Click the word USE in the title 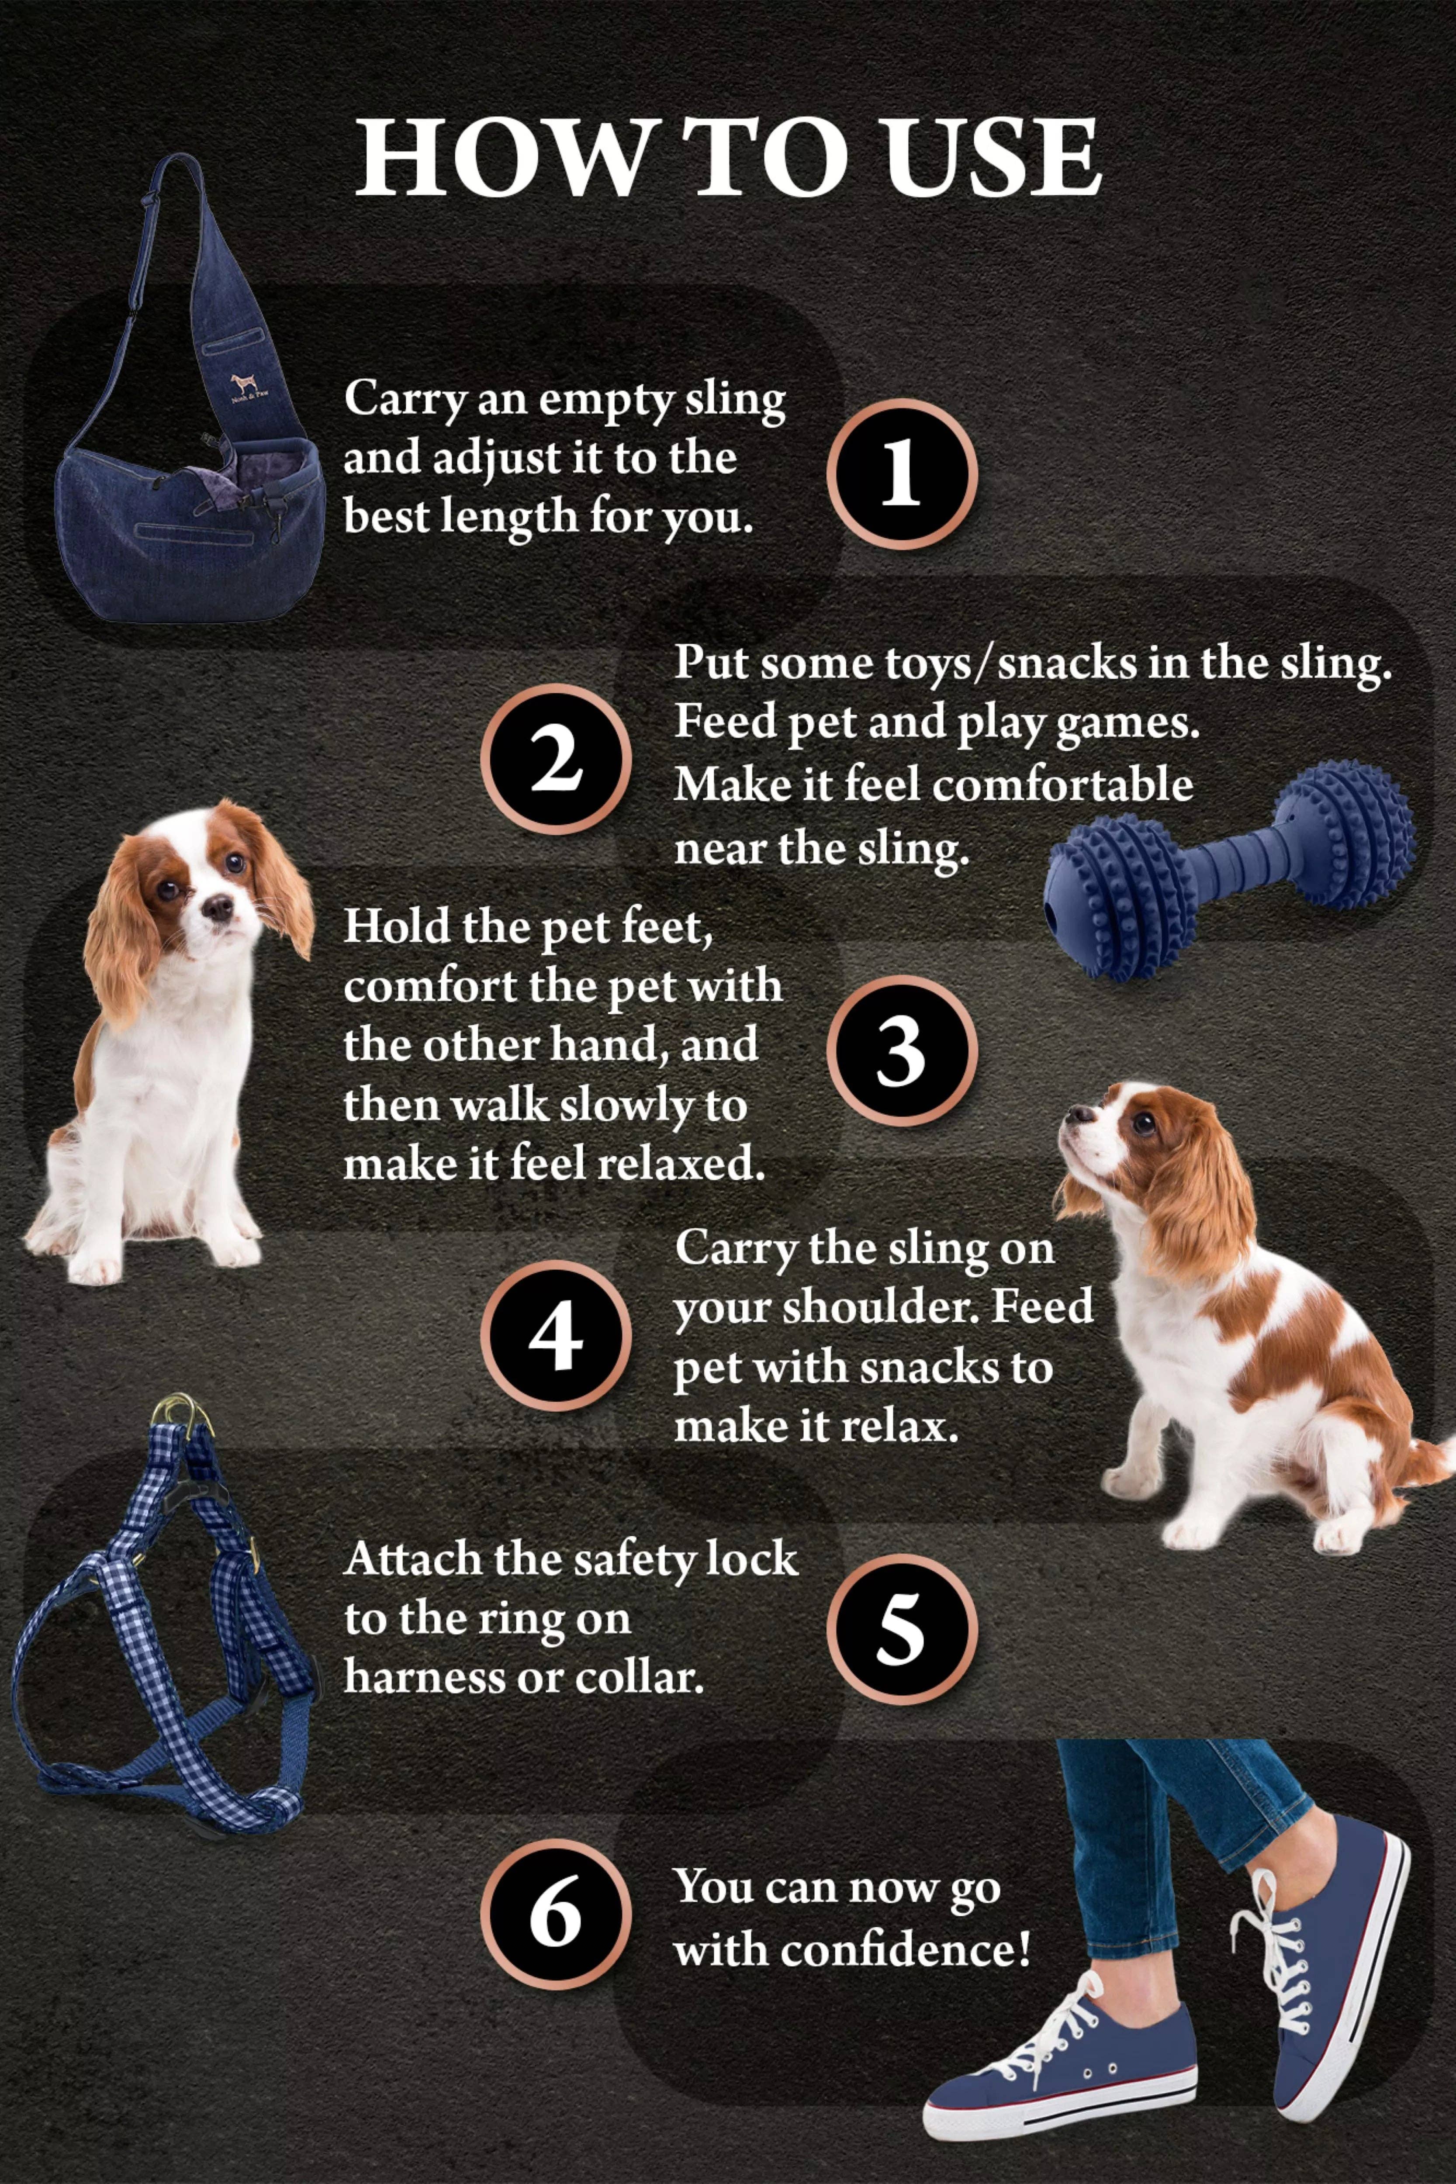pos(992,158)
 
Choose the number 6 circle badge pos(555,1915)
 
